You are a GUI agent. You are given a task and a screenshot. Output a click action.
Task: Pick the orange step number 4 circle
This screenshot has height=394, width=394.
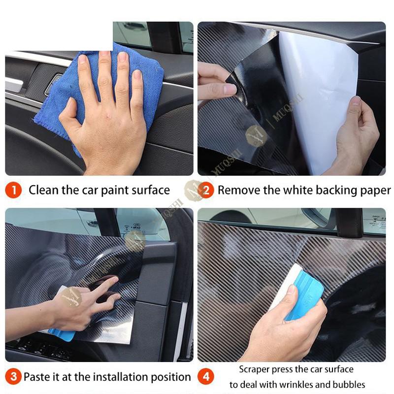coord(206,377)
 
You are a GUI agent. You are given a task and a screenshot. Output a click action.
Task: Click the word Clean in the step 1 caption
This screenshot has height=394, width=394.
coord(43,190)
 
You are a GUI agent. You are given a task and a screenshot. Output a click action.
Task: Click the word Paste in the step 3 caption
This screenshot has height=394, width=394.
coord(36,377)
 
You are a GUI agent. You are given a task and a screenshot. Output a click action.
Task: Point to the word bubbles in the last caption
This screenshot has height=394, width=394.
coord(350,385)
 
